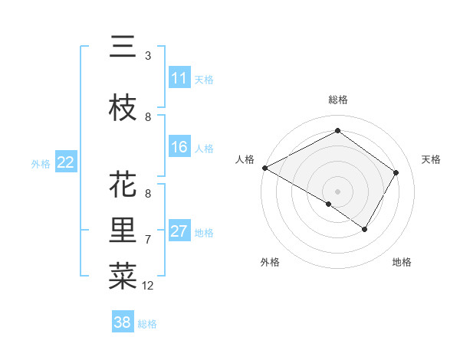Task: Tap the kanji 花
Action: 123,185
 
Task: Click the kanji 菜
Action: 123,275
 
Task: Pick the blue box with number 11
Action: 179,78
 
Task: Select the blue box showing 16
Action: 179,147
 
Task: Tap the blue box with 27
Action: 179,231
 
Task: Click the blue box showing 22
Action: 66,162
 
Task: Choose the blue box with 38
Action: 123,322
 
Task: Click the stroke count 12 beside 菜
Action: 148,286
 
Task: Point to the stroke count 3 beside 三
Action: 147,56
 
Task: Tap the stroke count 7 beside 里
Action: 147,240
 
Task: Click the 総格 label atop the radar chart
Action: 337,100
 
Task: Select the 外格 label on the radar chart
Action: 270,262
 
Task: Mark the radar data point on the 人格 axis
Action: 264,168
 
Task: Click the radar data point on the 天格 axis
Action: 396,172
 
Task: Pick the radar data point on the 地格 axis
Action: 365,229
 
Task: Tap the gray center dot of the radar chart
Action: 337,191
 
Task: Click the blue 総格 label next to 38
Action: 147,324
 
